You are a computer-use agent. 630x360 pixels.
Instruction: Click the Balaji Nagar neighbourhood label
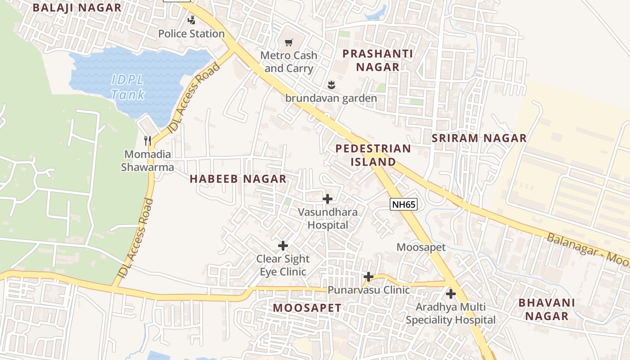pyautogui.click(x=77, y=8)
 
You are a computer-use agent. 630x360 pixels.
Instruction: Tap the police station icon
pyautogui.click(x=192, y=20)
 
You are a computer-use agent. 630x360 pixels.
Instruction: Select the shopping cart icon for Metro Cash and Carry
pyautogui.click(x=289, y=42)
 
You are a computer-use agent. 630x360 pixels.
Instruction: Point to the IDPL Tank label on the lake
pyautogui.click(x=128, y=87)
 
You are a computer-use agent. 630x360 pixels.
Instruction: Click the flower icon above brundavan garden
pyautogui.click(x=331, y=85)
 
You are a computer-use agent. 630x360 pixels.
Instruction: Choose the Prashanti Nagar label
pyautogui.click(x=378, y=60)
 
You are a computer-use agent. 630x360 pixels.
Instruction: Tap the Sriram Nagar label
pyautogui.click(x=479, y=138)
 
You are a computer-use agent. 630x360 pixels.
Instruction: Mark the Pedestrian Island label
pyautogui.click(x=373, y=155)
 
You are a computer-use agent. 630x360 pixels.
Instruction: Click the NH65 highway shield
pyautogui.click(x=404, y=205)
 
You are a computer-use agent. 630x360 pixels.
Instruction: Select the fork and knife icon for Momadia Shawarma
pyautogui.click(x=147, y=140)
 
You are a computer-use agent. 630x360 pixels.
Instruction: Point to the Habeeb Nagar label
pyautogui.click(x=238, y=179)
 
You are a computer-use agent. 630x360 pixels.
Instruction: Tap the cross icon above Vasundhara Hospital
pyautogui.click(x=328, y=198)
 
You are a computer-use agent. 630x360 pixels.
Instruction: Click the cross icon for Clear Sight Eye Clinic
pyautogui.click(x=283, y=245)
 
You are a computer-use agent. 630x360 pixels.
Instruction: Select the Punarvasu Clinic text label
pyautogui.click(x=369, y=290)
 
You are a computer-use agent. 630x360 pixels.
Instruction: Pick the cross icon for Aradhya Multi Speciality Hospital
pyautogui.click(x=450, y=294)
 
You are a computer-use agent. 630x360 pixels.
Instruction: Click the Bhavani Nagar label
pyautogui.click(x=547, y=309)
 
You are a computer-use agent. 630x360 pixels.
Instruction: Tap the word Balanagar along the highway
pyautogui.click(x=571, y=245)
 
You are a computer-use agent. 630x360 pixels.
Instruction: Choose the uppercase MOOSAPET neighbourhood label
pyautogui.click(x=307, y=308)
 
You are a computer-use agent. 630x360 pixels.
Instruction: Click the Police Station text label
pyautogui.click(x=191, y=34)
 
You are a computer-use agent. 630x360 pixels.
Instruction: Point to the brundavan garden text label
pyautogui.click(x=331, y=98)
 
